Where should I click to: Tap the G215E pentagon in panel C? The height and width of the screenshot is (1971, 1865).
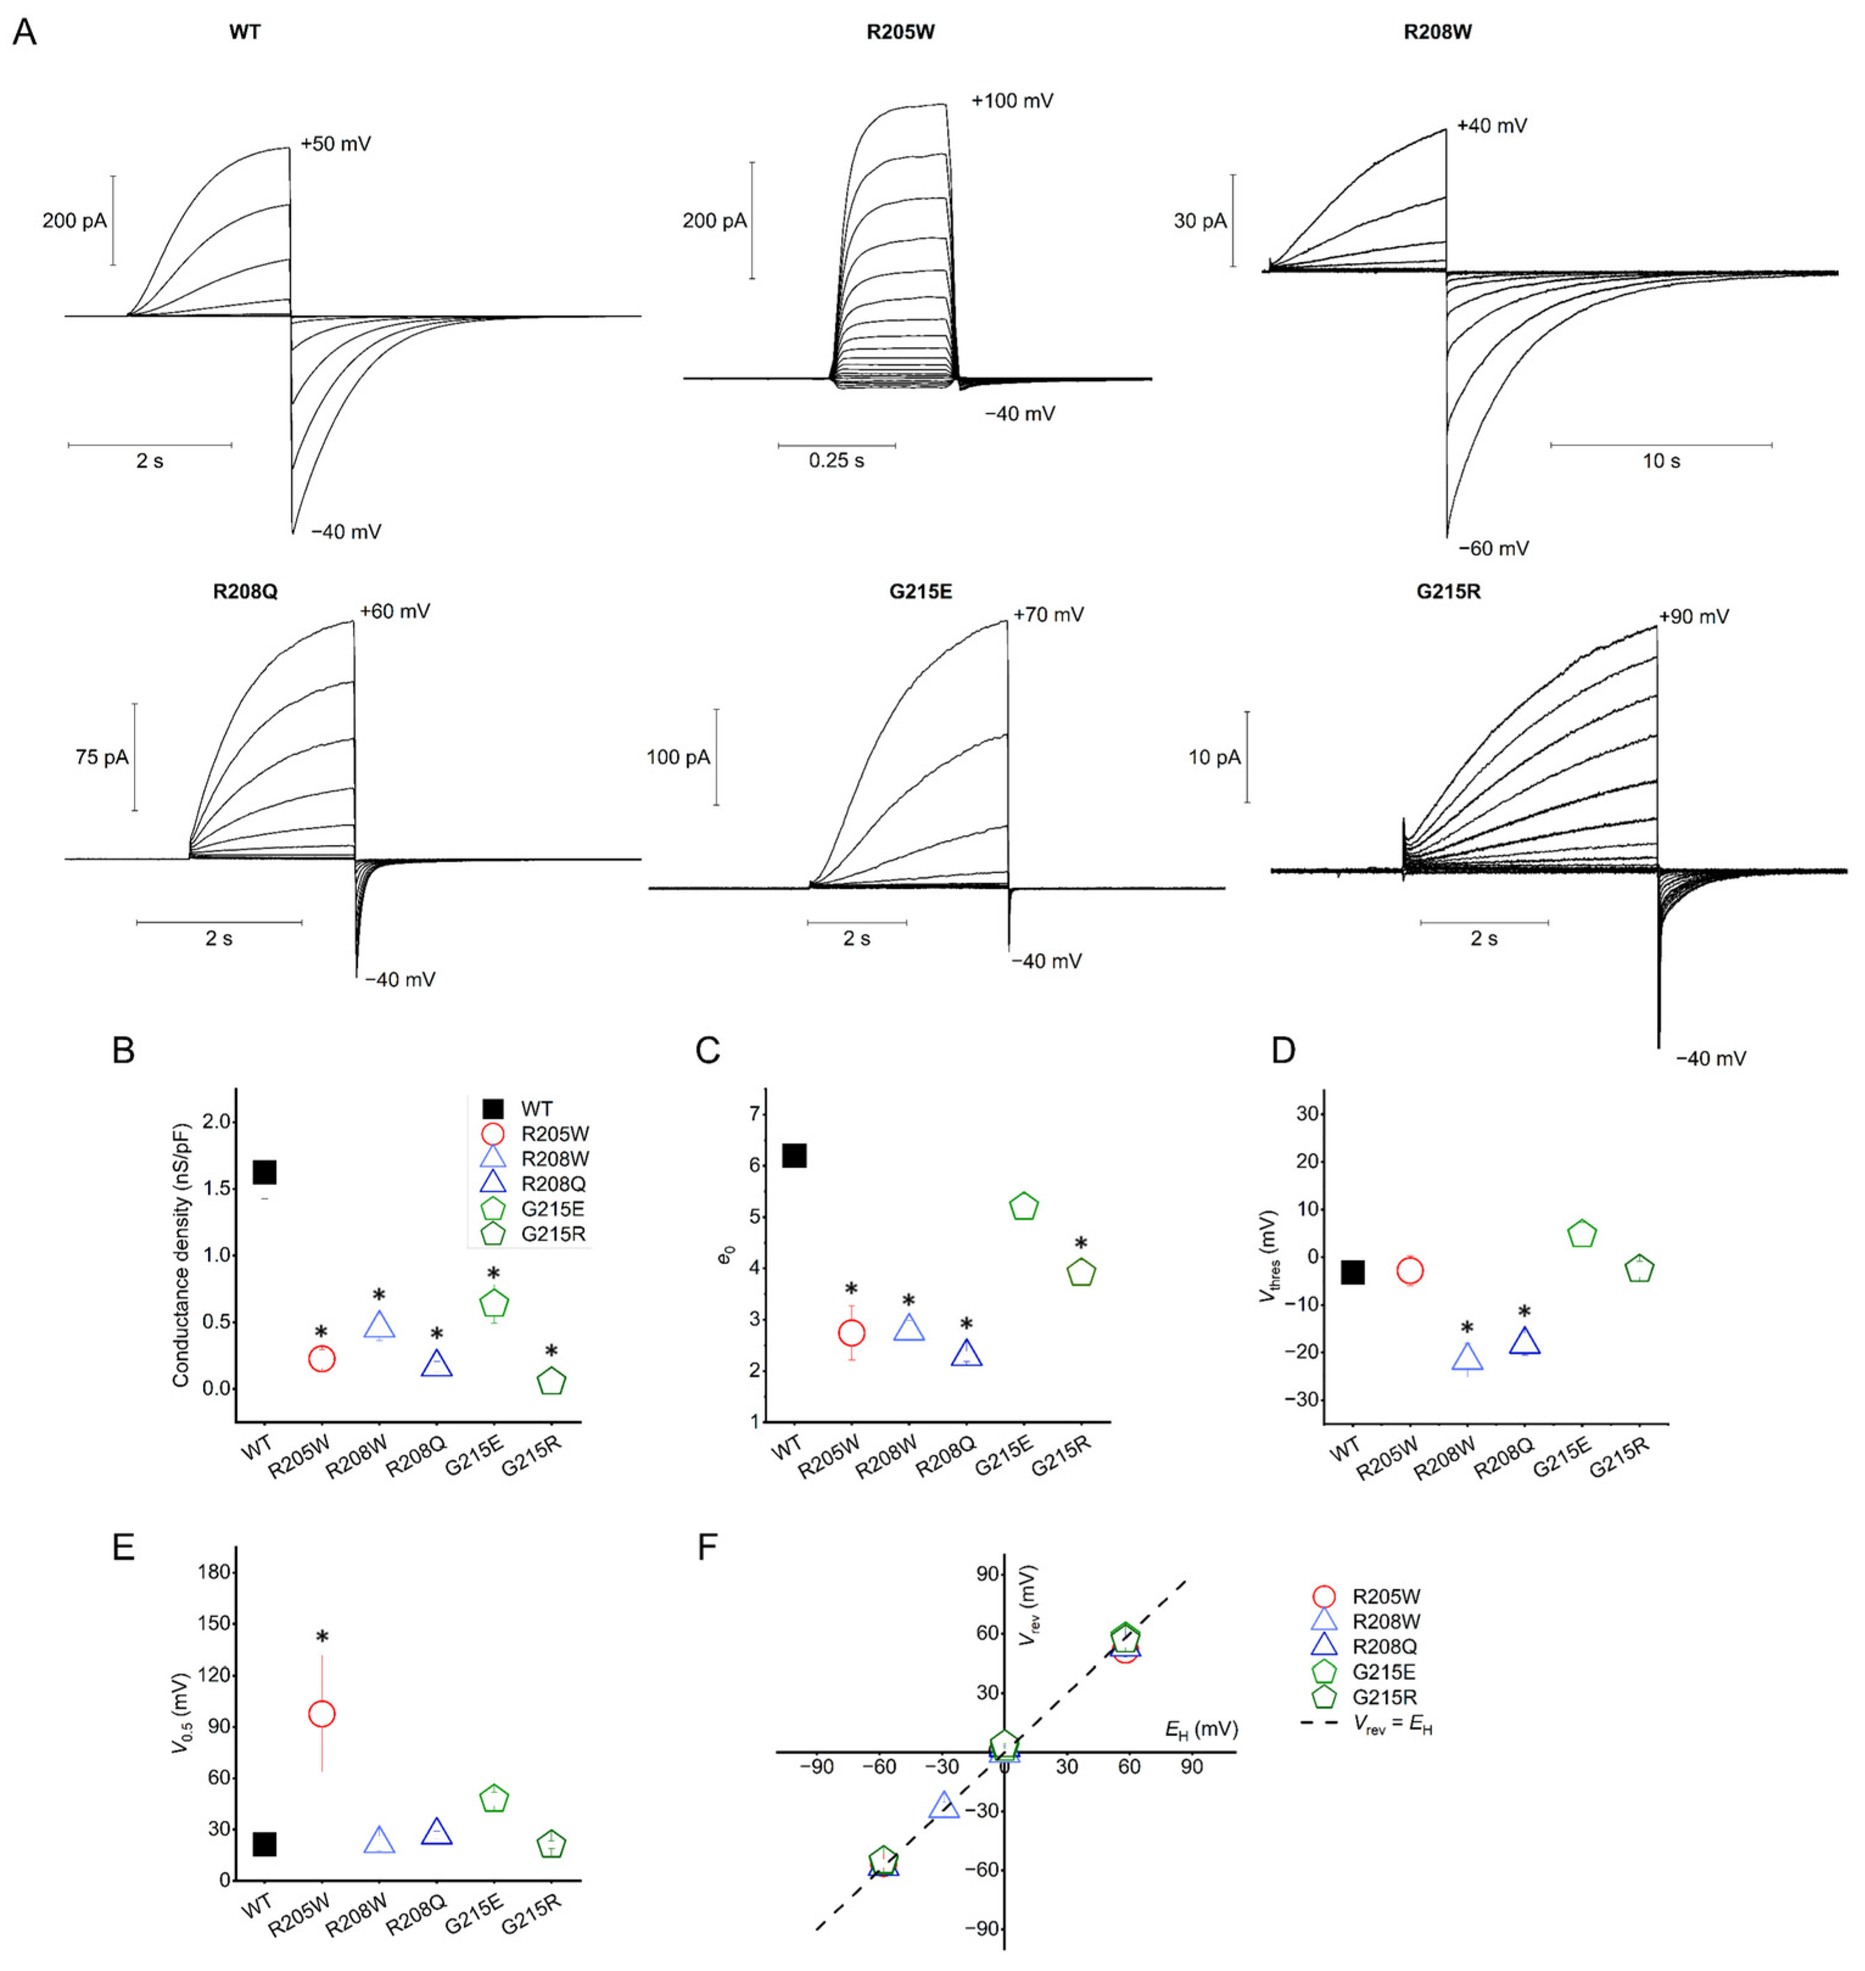coord(1023,1206)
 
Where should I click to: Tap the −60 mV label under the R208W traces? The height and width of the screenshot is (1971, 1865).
coord(1493,548)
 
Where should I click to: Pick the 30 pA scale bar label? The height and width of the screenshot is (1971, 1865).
coord(1200,220)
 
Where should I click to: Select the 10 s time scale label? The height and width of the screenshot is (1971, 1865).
coord(1660,461)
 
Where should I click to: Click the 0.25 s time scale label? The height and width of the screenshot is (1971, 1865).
coord(836,461)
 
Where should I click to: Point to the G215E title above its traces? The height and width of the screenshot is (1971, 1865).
coord(920,592)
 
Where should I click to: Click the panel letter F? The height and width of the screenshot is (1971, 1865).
coord(707,1547)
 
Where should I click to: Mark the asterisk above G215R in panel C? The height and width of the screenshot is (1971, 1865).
coord(1080,1244)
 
